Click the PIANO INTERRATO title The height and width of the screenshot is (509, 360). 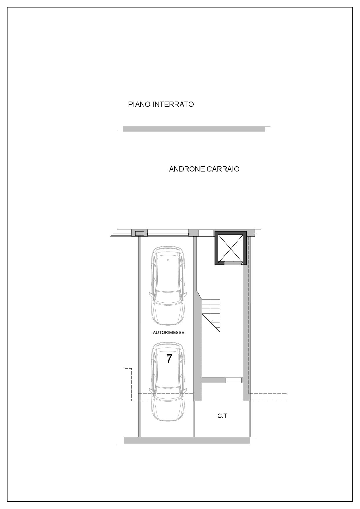pos(161,104)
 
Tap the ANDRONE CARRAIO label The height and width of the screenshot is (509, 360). pos(204,169)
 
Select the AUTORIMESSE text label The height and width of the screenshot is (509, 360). pos(168,333)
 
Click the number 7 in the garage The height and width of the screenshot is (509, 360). pos(169,359)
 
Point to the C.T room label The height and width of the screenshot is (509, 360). pos(222,416)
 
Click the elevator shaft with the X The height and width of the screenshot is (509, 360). pos(231,248)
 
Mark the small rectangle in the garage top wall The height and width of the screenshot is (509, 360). pos(140,233)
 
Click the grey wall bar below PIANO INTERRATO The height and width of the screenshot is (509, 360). pos(194,129)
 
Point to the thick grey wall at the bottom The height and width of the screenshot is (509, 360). pos(187,440)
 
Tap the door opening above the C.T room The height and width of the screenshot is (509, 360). pos(234,380)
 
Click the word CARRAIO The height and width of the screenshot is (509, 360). pos(223,169)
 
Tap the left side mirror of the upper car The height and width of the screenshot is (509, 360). pos(151,294)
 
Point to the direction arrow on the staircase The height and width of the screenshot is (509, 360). pos(212,320)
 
